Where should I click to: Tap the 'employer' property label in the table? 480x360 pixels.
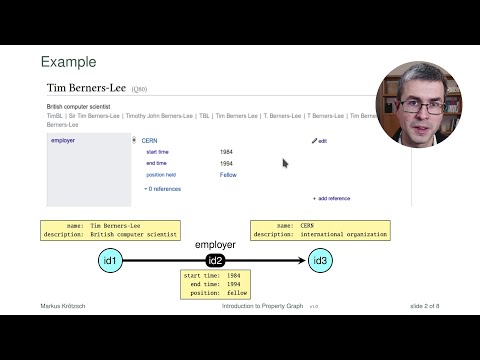(x=63, y=141)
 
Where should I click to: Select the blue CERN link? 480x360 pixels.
(x=150, y=141)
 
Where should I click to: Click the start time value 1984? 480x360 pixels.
(x=227, y=152)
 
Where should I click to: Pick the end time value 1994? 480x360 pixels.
(x=227, y=163)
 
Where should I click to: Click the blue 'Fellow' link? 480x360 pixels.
(x=228, y=175)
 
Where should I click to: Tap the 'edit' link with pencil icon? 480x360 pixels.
(x=320, y=141)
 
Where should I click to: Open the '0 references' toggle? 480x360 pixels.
(x=162, y=188)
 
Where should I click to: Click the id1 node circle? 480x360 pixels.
(x=111, y=261)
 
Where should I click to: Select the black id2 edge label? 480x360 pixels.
(x=215, y=261)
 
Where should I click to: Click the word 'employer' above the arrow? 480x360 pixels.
(x=215, y=245)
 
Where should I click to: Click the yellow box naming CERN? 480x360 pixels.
(x=318, y=230)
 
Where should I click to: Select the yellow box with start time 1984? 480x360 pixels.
(x=215, y=284)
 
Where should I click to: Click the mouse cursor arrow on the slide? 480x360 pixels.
(x=285, y=162)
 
